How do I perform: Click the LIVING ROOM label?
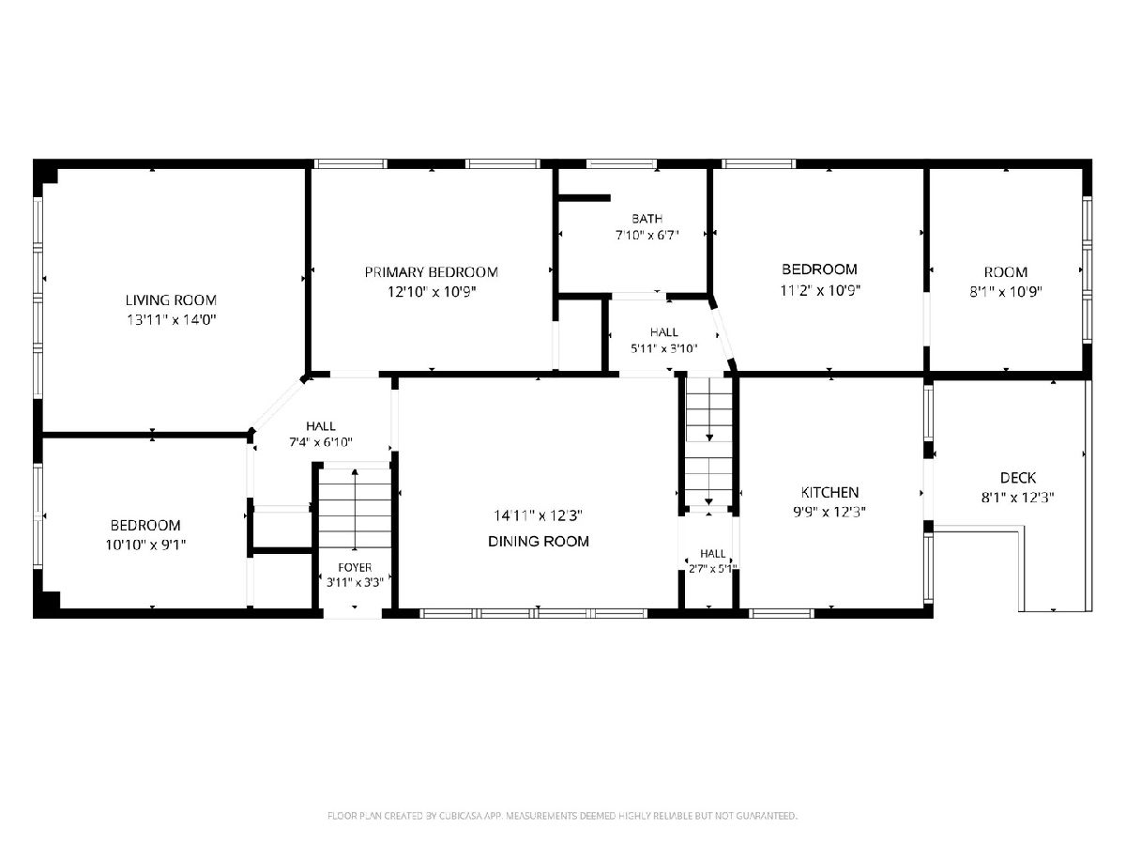point(171,300)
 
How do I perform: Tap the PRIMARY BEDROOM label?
point(431,272)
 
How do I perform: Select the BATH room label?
point(647,219)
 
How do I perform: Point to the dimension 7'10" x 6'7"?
point(647,236)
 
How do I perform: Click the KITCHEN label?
point(829,493)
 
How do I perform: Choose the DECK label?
point(1018,478)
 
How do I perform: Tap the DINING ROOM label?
point(538,542)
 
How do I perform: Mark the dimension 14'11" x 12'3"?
point(538,515)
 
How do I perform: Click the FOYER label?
point(355,567)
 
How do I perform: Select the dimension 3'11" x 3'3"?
point(355,582)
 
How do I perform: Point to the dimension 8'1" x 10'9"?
point(1006,292)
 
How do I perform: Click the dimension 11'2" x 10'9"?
point(820,291)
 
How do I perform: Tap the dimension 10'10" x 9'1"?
point(145,545)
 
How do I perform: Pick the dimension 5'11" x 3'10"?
point(663,349)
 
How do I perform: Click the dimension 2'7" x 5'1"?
point(712,568)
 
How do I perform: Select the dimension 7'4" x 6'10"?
point(321,441)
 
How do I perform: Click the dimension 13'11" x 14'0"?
point(172,320)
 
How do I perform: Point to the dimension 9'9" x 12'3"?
point(829,512)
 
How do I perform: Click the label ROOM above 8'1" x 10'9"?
point(1006,272)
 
